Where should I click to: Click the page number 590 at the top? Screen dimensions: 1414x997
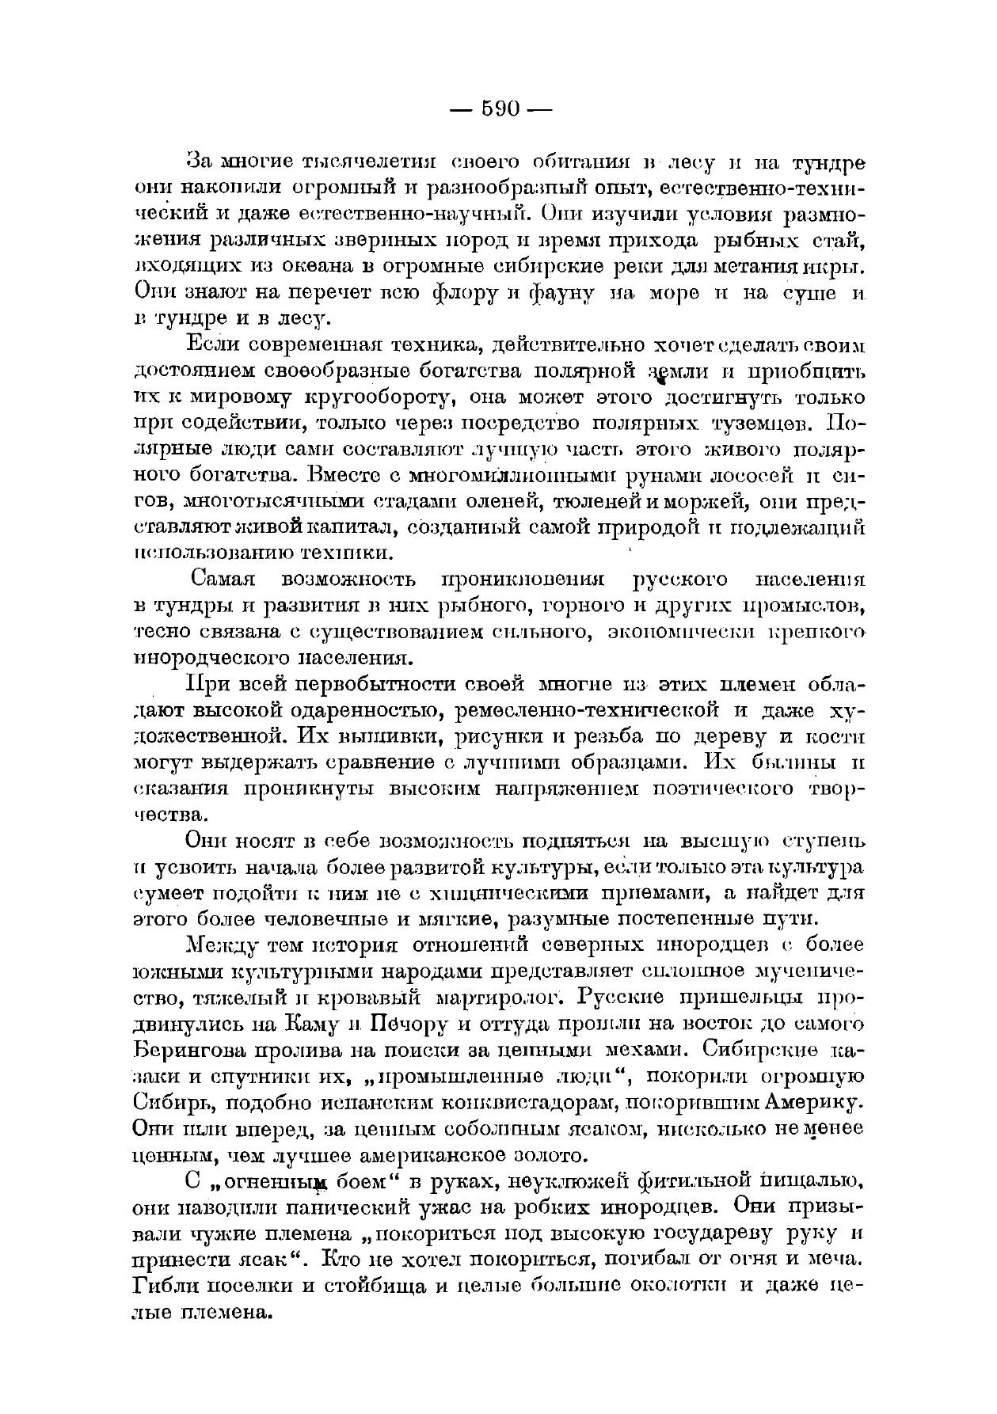pyautogui.click(x=500, y=109)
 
